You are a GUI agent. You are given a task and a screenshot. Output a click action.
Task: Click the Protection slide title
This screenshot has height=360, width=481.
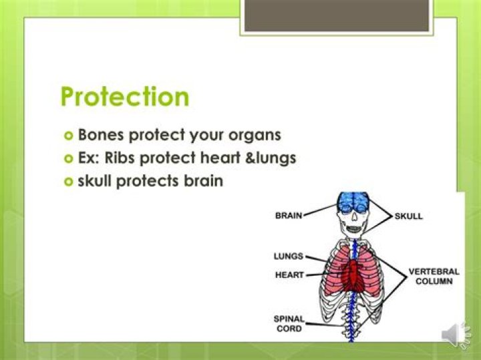click(125, 98)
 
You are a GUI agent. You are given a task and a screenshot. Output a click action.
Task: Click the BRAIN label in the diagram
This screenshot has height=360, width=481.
click(289, 216)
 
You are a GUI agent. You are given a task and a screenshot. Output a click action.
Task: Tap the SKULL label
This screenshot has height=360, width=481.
click(409, 216)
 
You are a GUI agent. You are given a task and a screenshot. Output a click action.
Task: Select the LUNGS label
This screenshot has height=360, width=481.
click(289, 256)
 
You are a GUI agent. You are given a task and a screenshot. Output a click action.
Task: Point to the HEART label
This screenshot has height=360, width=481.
click(289, 275)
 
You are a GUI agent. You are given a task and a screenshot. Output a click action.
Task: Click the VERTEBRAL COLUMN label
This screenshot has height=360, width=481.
click(434, 277)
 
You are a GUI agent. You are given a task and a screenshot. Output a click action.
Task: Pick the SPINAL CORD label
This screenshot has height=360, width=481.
click(289, 324)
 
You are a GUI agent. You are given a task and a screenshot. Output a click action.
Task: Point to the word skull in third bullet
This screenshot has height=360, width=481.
click(95, 180)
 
